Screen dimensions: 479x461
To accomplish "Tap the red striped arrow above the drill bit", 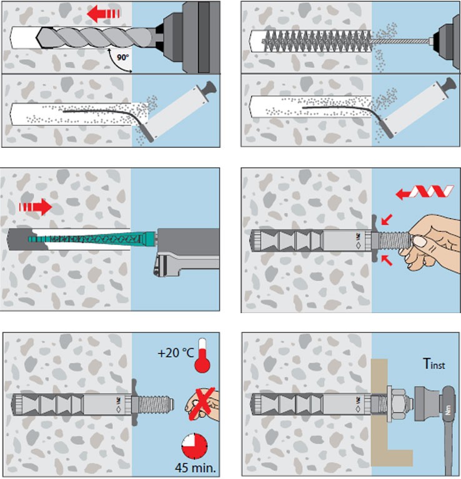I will pyautogui.click(x=104, y=12).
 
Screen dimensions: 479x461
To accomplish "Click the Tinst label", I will pyautogui.click(x=432, y=364).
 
